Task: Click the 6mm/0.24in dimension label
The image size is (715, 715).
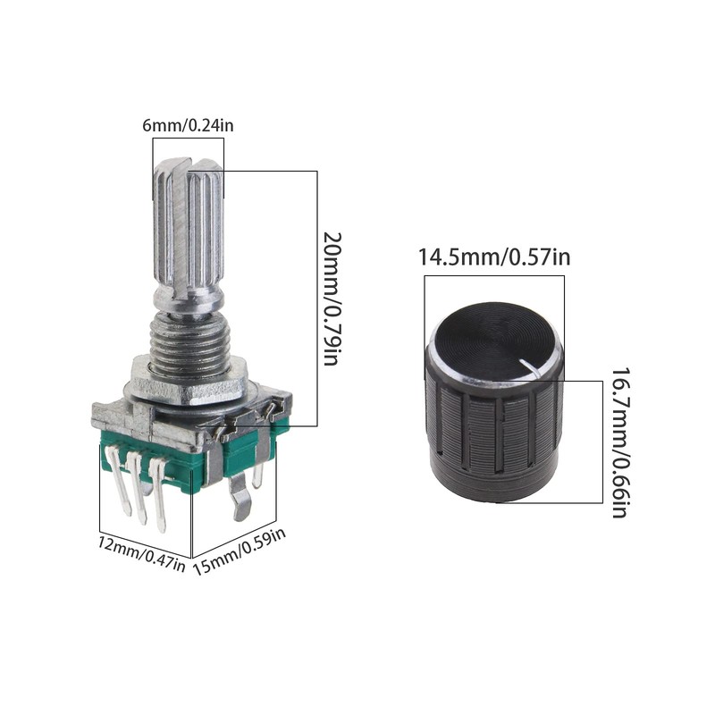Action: pyautogui.click(x=188, y=126)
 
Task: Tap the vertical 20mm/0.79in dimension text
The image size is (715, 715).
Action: pyautogui.click(x=332, y=299)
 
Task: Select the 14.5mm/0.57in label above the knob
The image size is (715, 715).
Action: pyautogui.click(x=494, y=258)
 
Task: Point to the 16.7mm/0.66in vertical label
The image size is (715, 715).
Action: pyautogui.click(x=618, y=442)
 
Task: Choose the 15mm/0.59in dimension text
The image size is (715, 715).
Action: pyautogui.click(x=240, y=551)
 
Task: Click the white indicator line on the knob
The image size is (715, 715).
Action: pyautogui.click(x=535, y=363)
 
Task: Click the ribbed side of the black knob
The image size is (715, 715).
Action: pyautogui.click(x=494, y=438)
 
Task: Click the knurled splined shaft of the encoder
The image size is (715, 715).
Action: pyautogui.click(x=189, y=232)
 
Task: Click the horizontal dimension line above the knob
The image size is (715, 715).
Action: pyautogui.click(x=494, y=276)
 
